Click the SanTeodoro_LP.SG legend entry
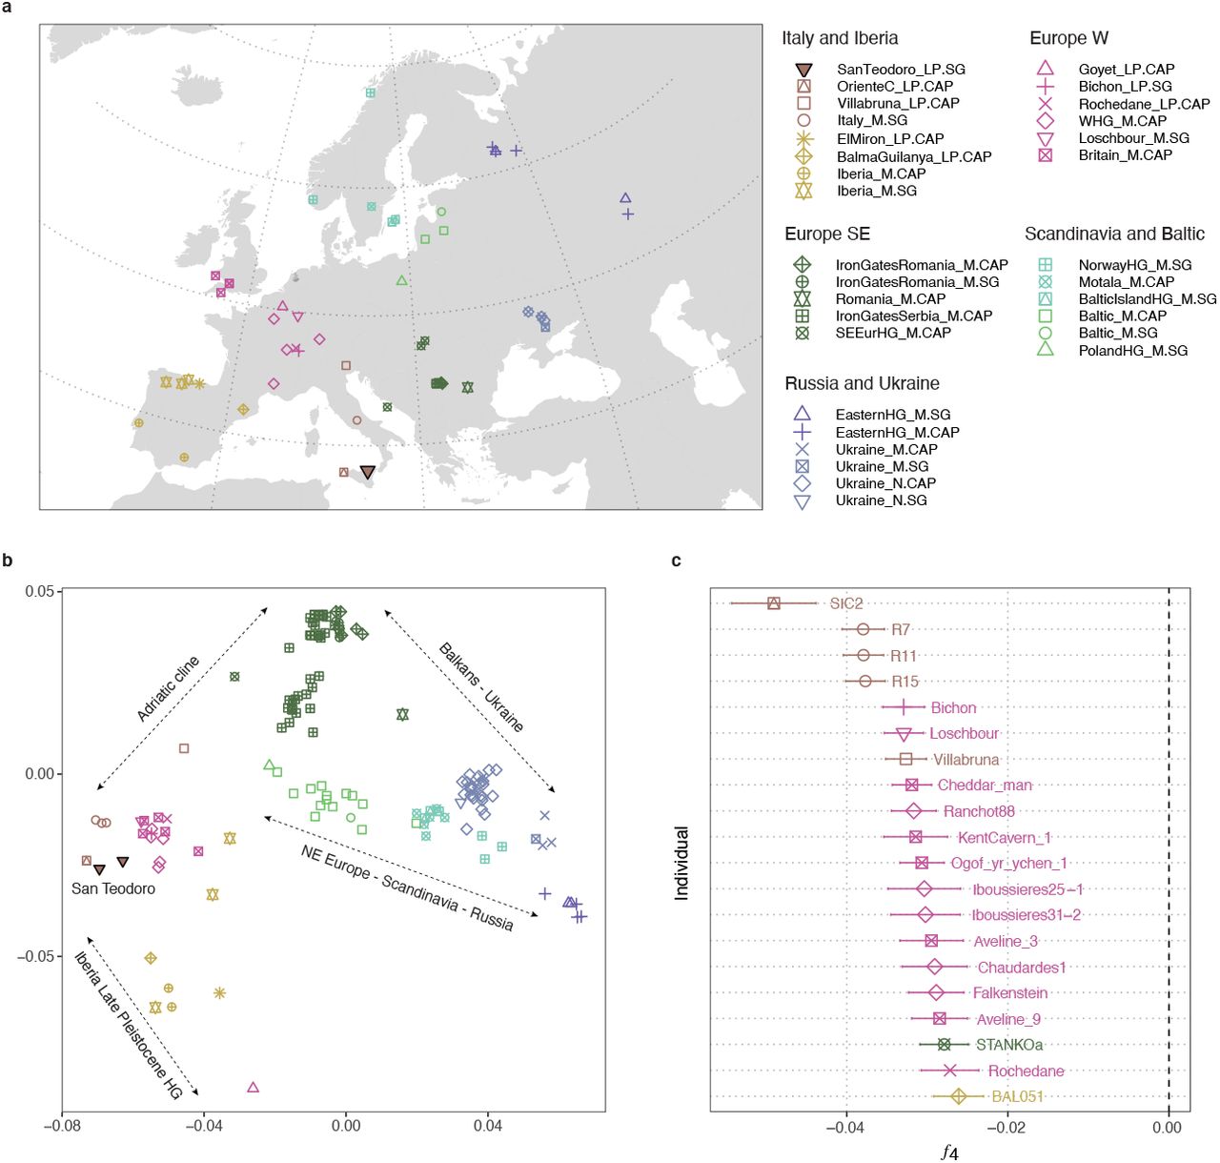coord(901,70)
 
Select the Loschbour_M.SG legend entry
coord(1133,138)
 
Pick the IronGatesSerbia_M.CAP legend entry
coord(913,316)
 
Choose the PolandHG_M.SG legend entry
coord(1132,351)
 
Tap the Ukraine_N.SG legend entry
coord(881,500)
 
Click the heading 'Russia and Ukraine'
coord(862,383)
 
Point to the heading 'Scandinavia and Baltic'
coord(1114,235)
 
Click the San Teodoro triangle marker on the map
coord(368,472)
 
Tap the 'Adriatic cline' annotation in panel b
coord(169,688)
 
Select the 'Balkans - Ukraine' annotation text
coord(481,687)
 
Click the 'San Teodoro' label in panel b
coord(113,888)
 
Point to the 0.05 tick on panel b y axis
coord(40,591)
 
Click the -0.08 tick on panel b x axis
coord(62,1126)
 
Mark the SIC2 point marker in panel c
coord(774,602)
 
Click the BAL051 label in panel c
coord(1017,1096)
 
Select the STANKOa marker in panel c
coord(944,1045)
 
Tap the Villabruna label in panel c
coord(966,760)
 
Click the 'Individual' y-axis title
coord(681,863)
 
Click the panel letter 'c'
coord(676,561)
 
